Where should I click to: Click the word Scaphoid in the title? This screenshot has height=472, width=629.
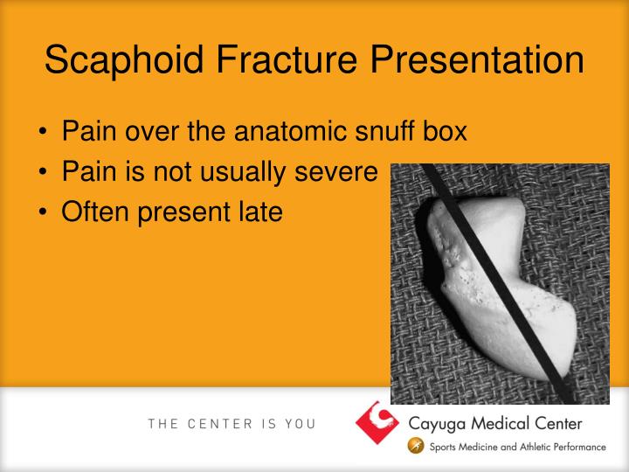tap(124, 60)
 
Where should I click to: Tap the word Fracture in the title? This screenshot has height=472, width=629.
tap(287, 59)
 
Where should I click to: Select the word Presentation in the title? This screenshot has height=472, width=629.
tap(477, 59)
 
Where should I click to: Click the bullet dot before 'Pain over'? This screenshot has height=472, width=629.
tap(43, 131)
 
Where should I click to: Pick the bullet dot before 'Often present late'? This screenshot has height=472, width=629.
tap(43, 212)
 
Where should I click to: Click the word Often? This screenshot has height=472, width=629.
tap(95, 212)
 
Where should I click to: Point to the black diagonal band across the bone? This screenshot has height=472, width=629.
tap(497, 283)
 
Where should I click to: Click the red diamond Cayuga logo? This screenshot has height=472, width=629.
tap(377, 423)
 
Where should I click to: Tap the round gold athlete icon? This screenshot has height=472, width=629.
tap(416, 446)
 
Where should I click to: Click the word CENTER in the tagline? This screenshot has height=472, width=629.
tap(220, 424)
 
